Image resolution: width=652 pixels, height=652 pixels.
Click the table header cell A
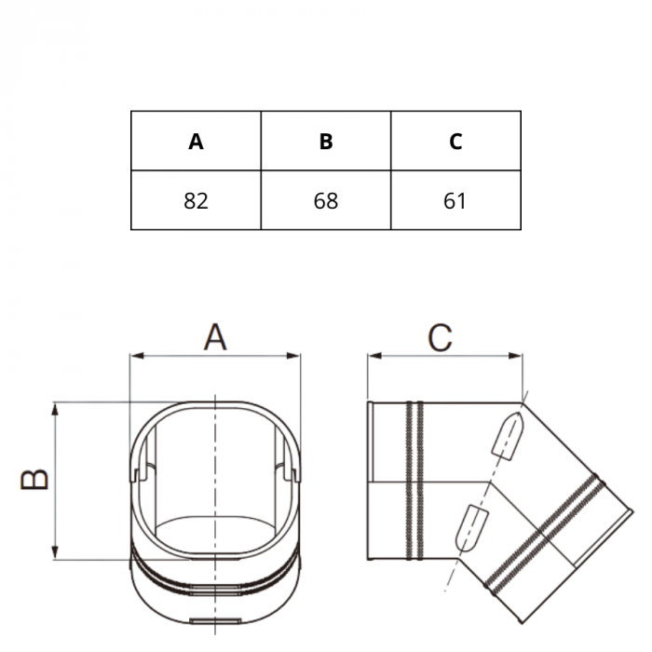pos(196,142)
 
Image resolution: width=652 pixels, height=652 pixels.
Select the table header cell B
pos(326,142)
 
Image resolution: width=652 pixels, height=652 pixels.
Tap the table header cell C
pos(455,142)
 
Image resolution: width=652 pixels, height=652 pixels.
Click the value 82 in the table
pos(196,200)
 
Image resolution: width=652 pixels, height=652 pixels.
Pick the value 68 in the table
pos(326,200)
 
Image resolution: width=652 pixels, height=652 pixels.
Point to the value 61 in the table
pos(455,200)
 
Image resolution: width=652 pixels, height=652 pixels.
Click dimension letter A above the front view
pos(215,336)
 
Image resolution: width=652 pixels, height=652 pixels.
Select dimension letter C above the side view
pos(440,336)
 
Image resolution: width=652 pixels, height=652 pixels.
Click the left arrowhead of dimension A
pos(135,356)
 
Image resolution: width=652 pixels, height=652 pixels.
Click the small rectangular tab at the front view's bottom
pos(214,621)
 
